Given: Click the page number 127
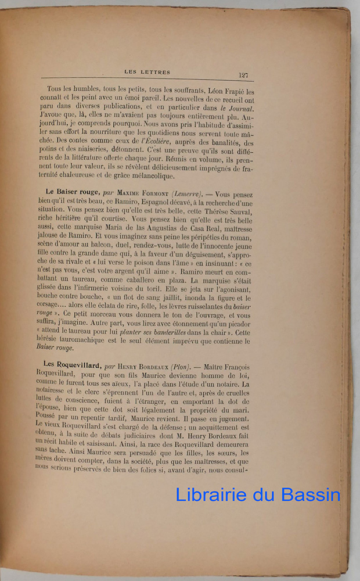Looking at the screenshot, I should coord(243,74).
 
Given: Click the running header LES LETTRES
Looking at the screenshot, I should coord(147,72).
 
